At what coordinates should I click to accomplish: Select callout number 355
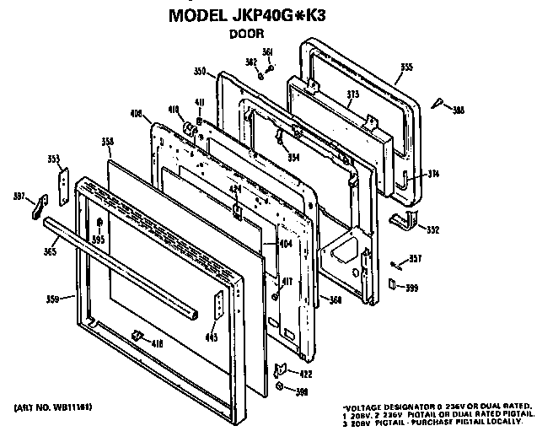coord(406,67)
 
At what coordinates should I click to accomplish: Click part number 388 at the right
coord(459,110)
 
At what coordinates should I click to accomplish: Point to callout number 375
coord(352,95)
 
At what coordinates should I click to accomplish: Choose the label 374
coord(433,174)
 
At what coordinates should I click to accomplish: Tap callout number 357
coord(415,259)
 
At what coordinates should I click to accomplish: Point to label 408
coord(136,113)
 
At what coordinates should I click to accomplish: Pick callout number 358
coord(107,141)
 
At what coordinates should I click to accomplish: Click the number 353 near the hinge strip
coord(54,159)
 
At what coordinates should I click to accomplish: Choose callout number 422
coord(306,374)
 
